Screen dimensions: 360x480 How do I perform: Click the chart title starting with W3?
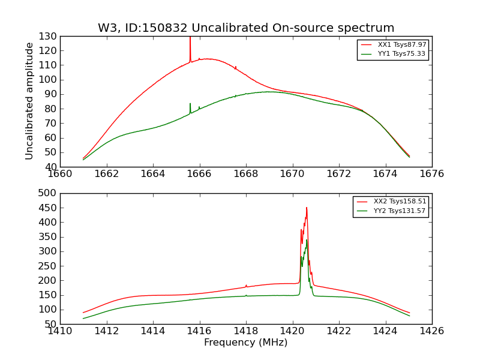click(246, 28)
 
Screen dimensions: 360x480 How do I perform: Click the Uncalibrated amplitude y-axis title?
click(29, 101)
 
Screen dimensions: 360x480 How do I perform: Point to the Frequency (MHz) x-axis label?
click(246, 343)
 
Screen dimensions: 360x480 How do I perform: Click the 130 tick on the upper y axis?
click(48, 37)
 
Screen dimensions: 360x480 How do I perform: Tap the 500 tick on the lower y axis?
click(48, 193)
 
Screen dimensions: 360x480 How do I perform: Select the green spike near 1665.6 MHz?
click(190, 105)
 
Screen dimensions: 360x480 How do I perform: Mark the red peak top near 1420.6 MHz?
click(307, 208)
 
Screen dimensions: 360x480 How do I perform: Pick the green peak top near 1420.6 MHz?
click(307, 240)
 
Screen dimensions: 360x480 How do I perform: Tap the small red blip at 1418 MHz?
click(246, 286)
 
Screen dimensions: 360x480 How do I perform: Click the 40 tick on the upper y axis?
click(50, 167)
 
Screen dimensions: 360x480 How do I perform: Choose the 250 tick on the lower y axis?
click(48, 266)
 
